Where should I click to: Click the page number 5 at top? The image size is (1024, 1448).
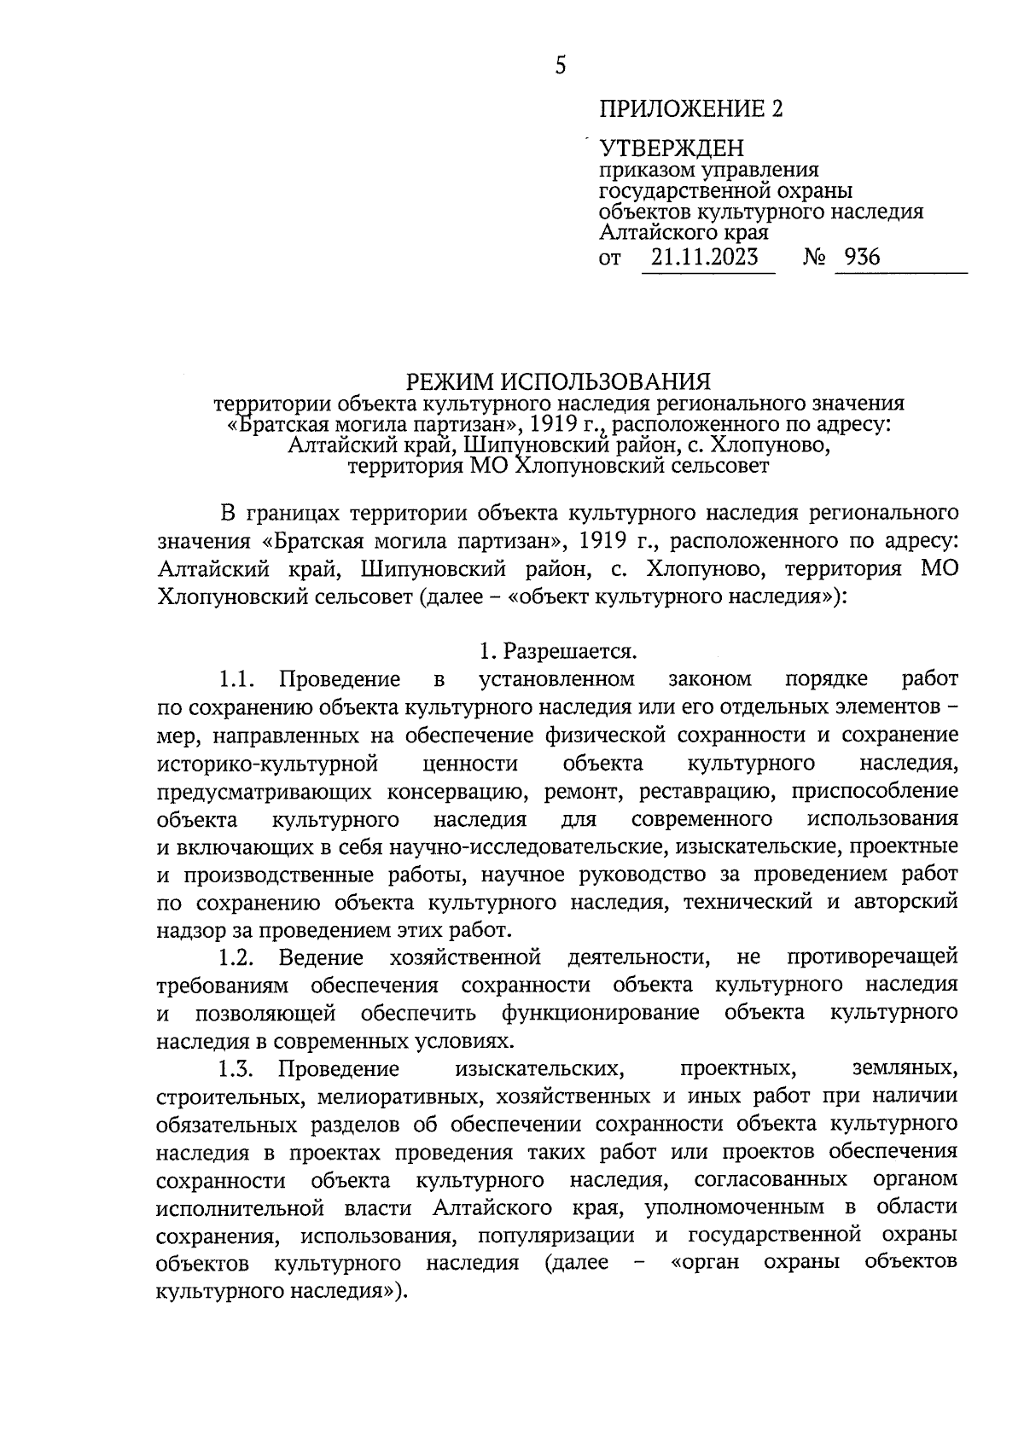pyautogui.click(x=560, y=66)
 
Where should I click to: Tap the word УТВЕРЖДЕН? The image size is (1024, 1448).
pyautogui.click(x=672, y=150)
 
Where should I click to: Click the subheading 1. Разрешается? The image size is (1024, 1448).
pyautogui.click(x=558, y=652)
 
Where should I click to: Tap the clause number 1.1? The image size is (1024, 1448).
pyautogui.click(x=237, y=679)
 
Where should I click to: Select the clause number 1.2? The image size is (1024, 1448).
pyautogui.click(x=237, y=957)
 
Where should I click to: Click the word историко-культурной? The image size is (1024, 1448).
pyautogui.click(x=268, y=763)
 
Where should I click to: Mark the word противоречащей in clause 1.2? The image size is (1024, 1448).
pyautogui.click(x=872, y=957)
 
